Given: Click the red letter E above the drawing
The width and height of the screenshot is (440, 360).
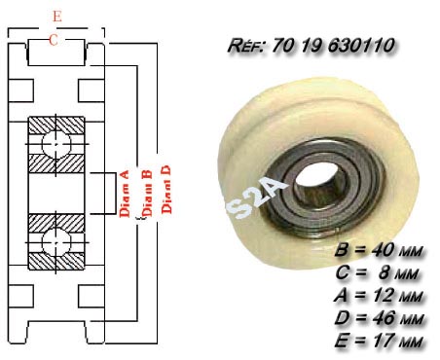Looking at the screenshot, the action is click(57, 17).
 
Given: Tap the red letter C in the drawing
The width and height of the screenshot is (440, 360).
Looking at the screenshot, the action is click(54, 40).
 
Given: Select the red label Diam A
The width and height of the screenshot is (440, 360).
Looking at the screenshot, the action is click(125, 194).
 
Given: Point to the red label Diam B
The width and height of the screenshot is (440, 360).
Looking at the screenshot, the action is click(147, 194).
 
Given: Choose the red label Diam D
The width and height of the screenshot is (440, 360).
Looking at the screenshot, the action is click(166, 190).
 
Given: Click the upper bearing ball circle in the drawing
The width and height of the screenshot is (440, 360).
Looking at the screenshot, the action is click(56, 144).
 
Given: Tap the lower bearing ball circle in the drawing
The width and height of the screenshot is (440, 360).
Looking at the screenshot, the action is click(56, 242).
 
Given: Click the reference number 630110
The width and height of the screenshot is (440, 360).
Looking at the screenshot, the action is click(361, 45).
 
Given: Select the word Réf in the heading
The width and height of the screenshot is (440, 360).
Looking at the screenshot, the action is click(246, 46).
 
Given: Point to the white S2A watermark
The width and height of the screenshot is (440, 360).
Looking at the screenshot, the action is click(256, 199).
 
